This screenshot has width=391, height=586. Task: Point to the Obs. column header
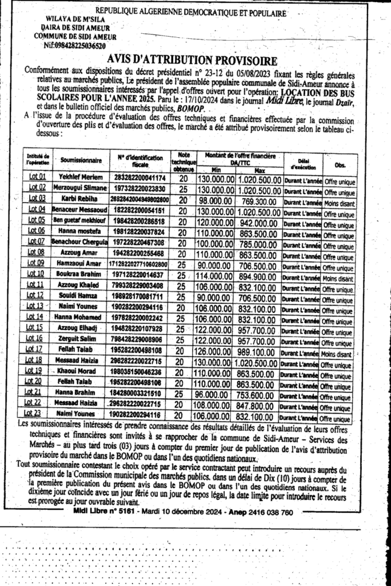tap(340, 165)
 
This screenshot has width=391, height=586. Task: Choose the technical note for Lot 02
tap(183, 188)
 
